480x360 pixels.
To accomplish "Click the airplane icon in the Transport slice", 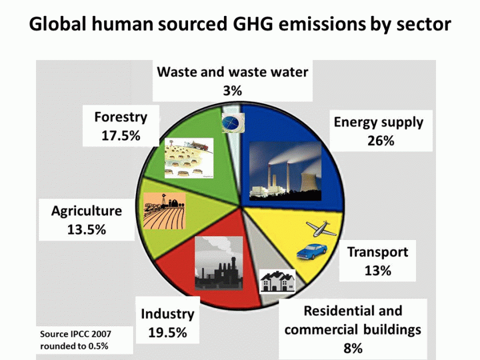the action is click(x=321, y=229).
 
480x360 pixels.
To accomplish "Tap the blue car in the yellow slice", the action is click(x=311, y=251).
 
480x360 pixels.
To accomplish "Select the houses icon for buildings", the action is click(x=278, y=281).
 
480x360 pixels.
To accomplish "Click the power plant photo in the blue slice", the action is click(x=285, y=171).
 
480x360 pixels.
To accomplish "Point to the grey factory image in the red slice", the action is click(x=219, y=263).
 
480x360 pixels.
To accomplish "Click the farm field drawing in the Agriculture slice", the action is click(x=165, y=211).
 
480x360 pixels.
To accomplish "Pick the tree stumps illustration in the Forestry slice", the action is click(x=189, y=158).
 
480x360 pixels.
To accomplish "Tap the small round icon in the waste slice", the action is click(x=233, y=123).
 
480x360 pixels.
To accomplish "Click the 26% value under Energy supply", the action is click(x=381, y=141).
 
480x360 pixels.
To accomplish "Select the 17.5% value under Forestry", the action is click(x=121, y=135).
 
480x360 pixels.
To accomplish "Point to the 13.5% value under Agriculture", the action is click(x=87, y=230).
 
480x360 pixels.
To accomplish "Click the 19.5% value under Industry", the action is click(x=167, y=333).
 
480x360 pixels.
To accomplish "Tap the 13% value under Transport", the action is click(x=378, y=271).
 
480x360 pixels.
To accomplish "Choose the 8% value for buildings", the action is click(x=353, y=349).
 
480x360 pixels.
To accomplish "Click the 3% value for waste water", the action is click(x=233, y=91).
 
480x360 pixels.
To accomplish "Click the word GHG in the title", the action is click(x=253, y=23).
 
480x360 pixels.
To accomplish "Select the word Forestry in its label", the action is click(x=121, y=117).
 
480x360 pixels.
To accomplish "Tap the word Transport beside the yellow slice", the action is click(x=378, y=252).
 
